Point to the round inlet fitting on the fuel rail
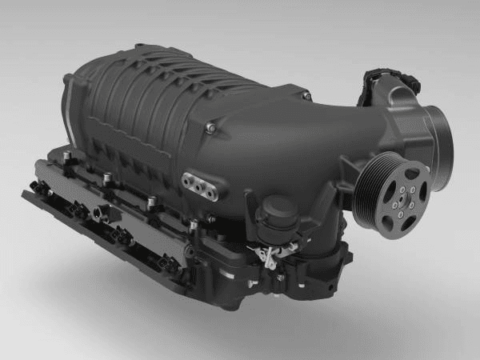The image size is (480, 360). [99, 212]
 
